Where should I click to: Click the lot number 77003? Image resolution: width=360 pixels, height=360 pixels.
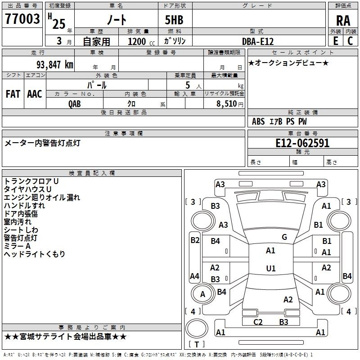pyautogui.click(x=22, y=18)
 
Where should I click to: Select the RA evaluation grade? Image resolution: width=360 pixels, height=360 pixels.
pyautogui.click(x=343, y=21)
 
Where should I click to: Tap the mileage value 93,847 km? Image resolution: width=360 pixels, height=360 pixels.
pyautogui.click(x=54, y=64)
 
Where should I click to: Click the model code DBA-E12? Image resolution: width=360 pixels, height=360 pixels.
pyautogui.click(x=258, y=41)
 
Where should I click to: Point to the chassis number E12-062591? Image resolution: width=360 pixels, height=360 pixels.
pyautogui.click(x=302, y=143)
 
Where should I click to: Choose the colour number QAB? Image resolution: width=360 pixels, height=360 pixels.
pyautogui.click(x=75, y=104)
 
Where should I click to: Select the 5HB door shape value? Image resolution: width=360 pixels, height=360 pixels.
pyautogui.click(x=174, y=20)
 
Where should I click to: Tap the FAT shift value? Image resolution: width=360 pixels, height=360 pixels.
pyautogui.click(x=13, y=94)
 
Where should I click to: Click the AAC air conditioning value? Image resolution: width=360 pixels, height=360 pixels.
pyautogui.click(x=35, y=94)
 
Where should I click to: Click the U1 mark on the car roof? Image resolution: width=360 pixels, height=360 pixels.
pyautogui.click(x=271, y=268)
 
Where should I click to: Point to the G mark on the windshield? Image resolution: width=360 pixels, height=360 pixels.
pyautogui.click(x=284, y=237)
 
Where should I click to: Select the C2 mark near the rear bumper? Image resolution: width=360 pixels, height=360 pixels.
pyautogui.click(x=258, y=322)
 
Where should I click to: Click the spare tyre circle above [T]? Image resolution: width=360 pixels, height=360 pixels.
pyautogui.click(x=197, y=328)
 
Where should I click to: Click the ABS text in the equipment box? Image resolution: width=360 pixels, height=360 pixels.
pyautogui.click(x=258, y=121)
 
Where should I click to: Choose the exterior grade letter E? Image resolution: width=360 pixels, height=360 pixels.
pyautogui.click(x=335, y=41)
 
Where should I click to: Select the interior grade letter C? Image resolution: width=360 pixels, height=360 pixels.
pyautogui.click(x=350, y=41)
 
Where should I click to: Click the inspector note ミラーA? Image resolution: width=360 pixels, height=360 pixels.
pyautogui.click(x=17, y=246)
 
